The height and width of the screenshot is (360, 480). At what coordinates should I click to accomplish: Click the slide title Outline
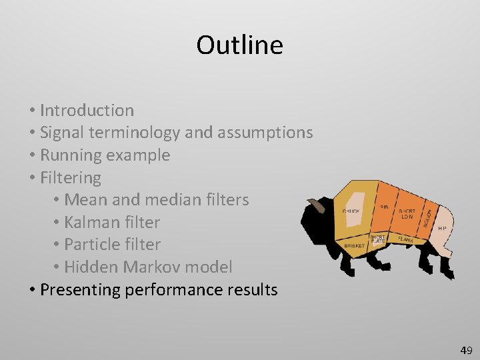point(239,45)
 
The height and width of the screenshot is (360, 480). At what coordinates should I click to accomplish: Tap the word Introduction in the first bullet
point(87,110)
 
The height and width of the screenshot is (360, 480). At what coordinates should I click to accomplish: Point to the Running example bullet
point(105,155)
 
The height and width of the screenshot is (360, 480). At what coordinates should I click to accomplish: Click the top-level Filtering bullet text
point(70,178)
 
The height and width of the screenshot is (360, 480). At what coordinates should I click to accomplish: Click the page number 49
point(465,350)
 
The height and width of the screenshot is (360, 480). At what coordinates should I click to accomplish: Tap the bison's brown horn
point(318,205)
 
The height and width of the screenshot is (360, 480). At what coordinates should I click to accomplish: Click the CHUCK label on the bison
point(351,211)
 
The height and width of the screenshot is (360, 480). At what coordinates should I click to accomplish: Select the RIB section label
point(385,207)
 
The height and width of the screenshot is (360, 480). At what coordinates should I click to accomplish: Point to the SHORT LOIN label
point(406,214)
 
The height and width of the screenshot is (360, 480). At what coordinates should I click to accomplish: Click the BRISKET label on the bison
point(354,246)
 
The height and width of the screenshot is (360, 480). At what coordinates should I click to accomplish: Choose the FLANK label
point(405,239)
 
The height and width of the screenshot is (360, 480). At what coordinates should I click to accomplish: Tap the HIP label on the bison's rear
point(442,227)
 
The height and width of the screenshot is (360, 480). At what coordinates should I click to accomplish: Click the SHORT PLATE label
point(377,239)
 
